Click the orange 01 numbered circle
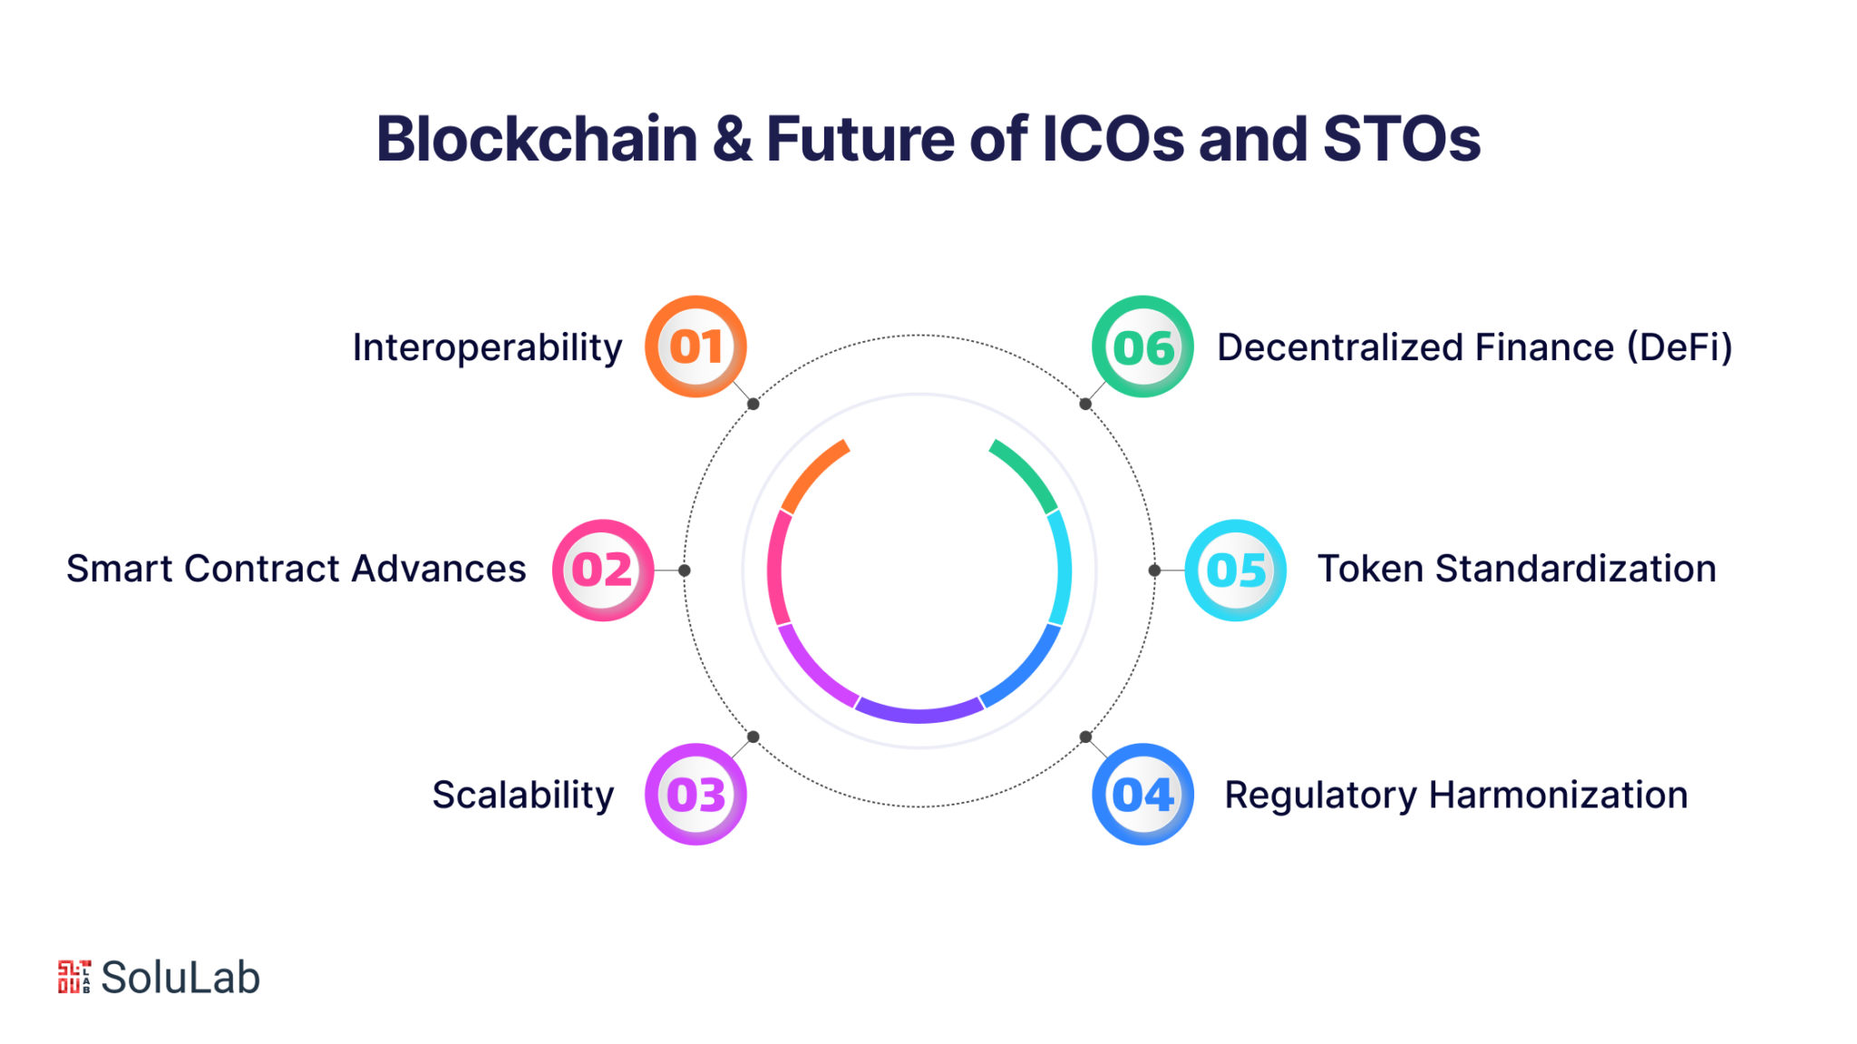coord(695,346)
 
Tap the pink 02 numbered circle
coord(603,570)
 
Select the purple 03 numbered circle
coord(695,794)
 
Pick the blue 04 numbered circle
coord(1142,794)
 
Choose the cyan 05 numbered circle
coord(1235,570)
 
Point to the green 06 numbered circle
coord(1142,346)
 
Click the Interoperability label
coord(488,348)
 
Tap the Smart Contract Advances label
coord(296,569)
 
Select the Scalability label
coord(523,795)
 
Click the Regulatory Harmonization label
coord(1456,795)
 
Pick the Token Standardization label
coord(1517,569)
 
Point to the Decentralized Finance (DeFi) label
coord(1474,347)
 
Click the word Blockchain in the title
coord(537,139)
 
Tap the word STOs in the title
coord(1402,139)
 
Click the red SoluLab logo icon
coord(74,977)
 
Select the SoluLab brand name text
coord(180,977)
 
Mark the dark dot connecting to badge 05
coord(1154,571)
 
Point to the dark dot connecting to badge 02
coord(685,571)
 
